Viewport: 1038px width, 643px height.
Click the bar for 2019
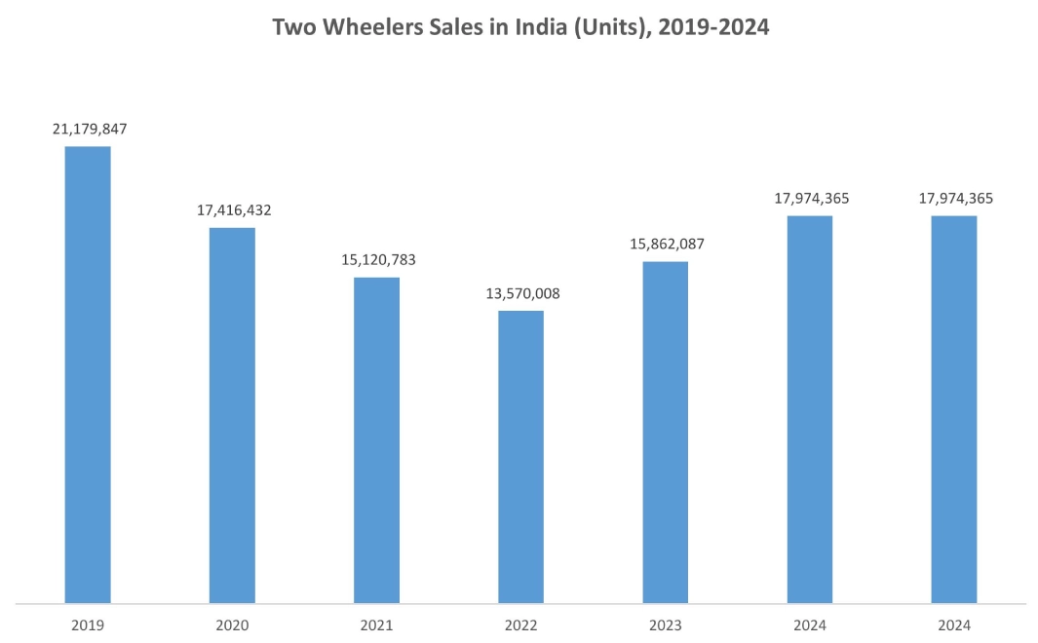(88, 375)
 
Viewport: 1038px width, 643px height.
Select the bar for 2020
(232, 415)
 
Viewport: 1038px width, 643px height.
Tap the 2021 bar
(376, 440)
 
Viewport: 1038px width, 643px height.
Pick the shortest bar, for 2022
(520, 457)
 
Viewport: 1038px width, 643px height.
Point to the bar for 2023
(665, 433)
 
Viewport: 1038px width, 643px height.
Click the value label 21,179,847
(88, 129)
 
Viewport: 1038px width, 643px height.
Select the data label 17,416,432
(232, 209)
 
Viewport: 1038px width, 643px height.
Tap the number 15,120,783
(376, 260)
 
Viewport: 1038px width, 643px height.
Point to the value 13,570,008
(520, 293)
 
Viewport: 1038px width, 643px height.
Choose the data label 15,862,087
(665, 244)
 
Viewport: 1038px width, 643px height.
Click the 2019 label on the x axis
(88, 624)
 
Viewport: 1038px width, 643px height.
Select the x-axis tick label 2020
(232, 624)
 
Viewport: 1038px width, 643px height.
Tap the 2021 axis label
(376, 624)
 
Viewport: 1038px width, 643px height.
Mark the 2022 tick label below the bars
(520, 624)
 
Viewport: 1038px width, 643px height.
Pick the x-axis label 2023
(665, 624)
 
